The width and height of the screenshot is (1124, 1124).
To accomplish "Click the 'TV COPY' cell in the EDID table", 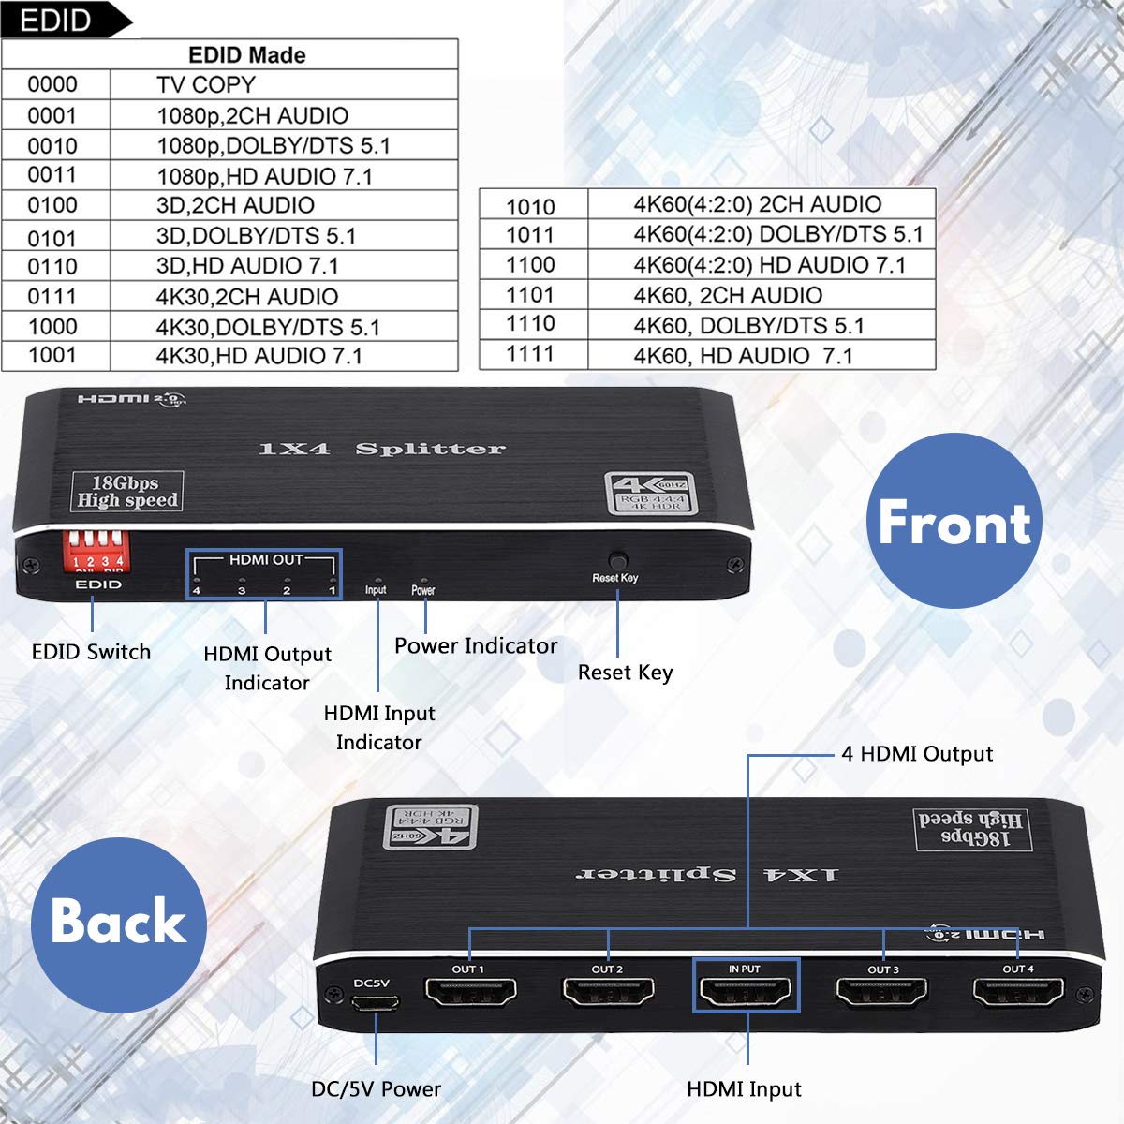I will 206,85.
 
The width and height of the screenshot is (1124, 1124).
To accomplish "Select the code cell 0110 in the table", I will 52,266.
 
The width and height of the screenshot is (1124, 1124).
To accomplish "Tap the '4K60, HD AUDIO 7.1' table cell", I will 743,356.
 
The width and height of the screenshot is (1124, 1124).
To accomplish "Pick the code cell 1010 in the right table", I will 530,206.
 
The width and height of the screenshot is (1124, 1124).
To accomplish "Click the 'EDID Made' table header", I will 246,55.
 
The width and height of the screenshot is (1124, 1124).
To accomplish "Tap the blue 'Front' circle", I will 954,521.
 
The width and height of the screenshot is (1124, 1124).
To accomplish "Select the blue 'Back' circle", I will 118,924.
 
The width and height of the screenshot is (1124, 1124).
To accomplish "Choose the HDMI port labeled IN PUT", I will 746,991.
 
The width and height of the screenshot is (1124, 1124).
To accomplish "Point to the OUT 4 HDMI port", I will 1018,991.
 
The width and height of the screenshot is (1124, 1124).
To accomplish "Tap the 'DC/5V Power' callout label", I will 376,1089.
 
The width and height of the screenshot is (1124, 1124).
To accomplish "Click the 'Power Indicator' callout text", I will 475,646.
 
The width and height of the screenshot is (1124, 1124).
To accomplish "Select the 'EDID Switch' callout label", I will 91,652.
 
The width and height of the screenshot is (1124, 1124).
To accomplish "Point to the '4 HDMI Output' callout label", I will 917,754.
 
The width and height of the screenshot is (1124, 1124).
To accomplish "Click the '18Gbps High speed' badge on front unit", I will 127,492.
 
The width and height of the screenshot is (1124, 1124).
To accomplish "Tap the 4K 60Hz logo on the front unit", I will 650,494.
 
